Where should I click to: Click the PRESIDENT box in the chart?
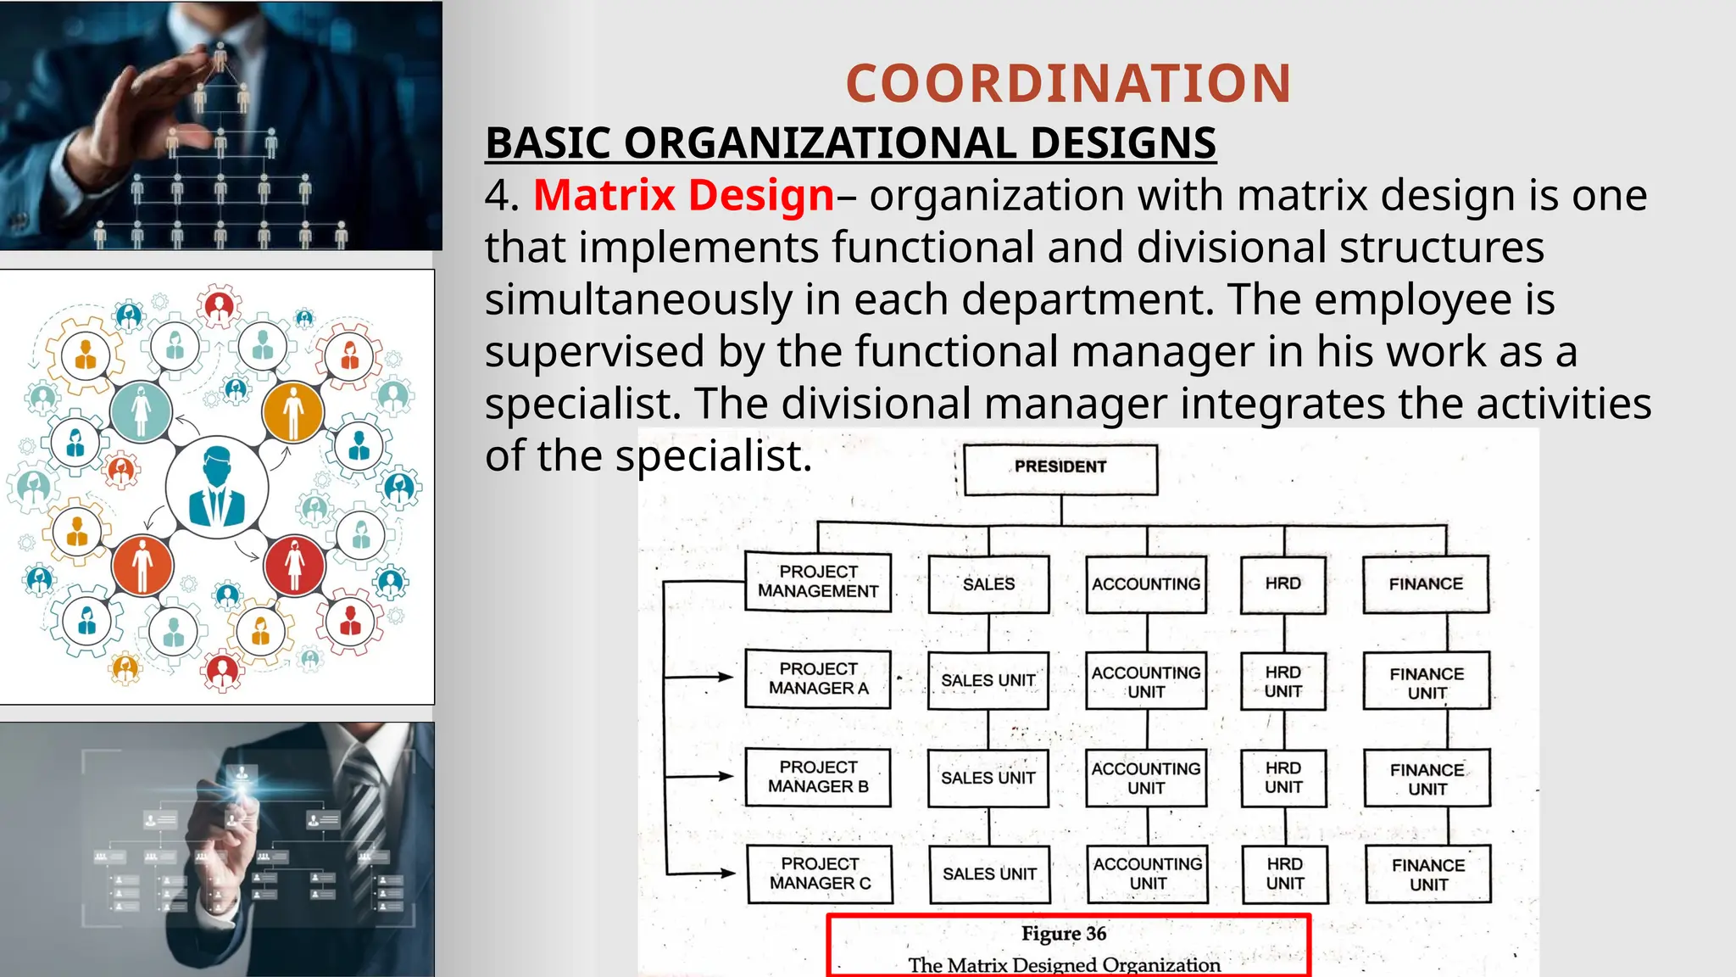point(1060,469)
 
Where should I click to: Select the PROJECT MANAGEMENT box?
point(818,582)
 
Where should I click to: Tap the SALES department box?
point(988,584)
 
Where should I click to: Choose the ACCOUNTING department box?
point(1146,584)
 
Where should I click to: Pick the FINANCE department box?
point(1426,584)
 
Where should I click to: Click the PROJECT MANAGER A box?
point(818,678)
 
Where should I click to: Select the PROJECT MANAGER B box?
point(818,777)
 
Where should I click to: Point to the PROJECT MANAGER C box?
point(820,874)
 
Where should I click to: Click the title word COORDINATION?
point(1068,84)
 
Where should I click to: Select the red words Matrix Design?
point(683,195)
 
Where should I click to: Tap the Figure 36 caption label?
point(1064,934)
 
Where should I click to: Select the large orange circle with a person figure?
point(293,412)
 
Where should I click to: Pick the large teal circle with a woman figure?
point(141,411)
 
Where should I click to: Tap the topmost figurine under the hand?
point(220,57)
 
